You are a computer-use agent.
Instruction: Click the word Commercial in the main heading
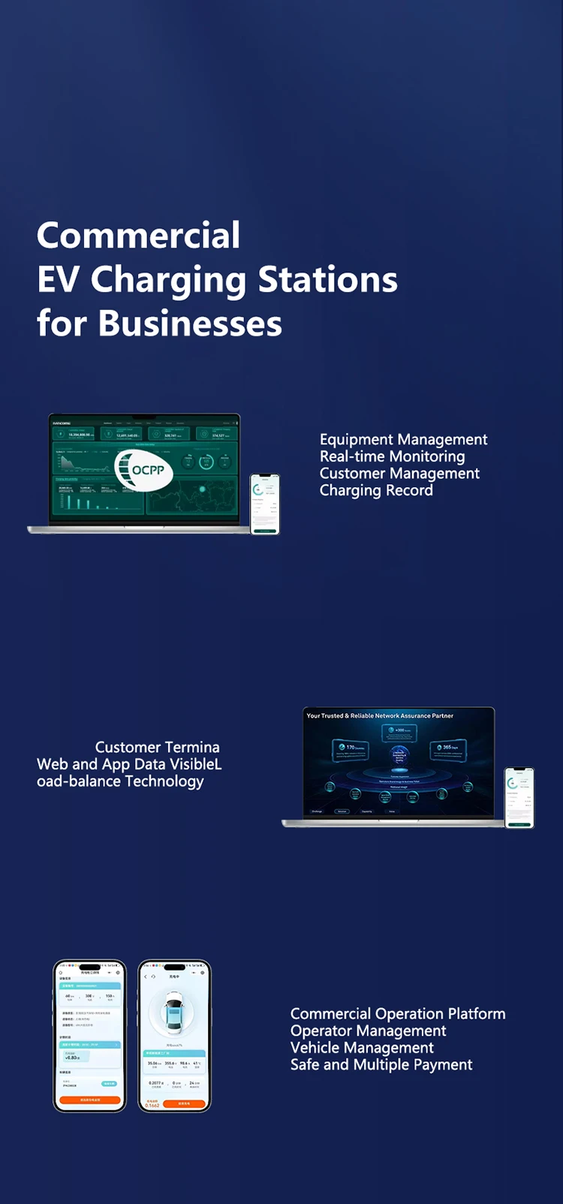(138, 236)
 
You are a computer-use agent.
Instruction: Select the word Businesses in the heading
(190, 324)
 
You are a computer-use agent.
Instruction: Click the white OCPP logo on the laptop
(144, 471)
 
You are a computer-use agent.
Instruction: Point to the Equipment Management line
(403, 440)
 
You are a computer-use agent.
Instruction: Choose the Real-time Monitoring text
(392, 456)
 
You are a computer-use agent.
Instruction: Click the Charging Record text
(376, 490)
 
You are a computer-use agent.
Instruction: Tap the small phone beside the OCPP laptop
(264, 504)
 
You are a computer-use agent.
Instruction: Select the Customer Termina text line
(157, 748)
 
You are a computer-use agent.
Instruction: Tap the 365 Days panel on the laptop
(448, 748)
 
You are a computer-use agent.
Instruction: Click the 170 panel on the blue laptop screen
(350, 748)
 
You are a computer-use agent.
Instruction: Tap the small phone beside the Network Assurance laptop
(519, 797)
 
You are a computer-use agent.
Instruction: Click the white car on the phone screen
(174, 1010)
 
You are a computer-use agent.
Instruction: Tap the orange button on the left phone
(90, 1100)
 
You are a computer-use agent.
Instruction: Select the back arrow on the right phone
(146, 977)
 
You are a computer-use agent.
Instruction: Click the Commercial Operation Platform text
(398, 1014)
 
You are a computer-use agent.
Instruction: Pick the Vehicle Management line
(362, 1048)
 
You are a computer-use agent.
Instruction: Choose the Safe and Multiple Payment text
(381, 1065)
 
